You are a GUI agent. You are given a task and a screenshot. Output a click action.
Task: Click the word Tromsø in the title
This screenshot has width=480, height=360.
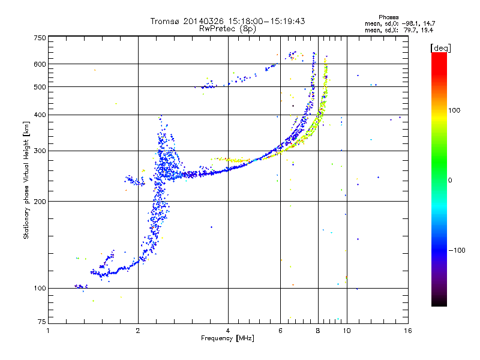164,21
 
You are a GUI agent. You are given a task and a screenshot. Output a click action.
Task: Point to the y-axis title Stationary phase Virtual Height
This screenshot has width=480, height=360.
26,180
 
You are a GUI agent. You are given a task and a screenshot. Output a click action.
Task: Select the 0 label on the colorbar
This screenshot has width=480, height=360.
450,180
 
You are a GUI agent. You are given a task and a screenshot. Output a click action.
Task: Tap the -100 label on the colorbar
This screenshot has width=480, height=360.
458,250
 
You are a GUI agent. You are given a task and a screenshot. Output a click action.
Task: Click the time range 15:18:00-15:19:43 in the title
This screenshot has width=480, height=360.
263,21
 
